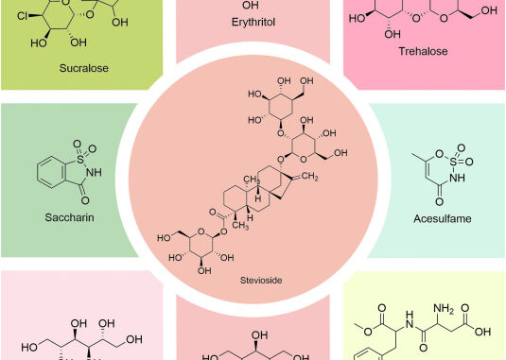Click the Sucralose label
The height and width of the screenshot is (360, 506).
[84, 68]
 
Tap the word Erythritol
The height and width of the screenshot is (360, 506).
[253, 23]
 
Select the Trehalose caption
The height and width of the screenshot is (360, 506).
[423, 51]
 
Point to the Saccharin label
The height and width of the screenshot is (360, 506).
[69, 217]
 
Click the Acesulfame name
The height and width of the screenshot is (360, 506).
[443, 218]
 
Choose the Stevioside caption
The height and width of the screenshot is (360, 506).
[261, 280]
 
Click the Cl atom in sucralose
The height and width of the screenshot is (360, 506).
[23, 15]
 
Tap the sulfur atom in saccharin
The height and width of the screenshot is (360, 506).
[80, 159]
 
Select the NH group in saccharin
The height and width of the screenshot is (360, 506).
[94, 172]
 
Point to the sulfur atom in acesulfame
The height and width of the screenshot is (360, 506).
[453, 162]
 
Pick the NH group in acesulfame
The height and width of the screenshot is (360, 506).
[457, 178]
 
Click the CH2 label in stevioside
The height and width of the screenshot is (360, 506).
[309, 176]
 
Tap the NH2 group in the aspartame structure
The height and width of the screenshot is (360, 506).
[444, 308]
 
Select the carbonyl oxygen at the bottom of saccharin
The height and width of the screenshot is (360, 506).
[85, 200]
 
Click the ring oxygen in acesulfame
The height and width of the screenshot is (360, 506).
[439, 153]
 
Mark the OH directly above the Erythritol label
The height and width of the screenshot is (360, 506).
[250, 5]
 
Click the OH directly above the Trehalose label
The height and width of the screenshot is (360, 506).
[393, 34]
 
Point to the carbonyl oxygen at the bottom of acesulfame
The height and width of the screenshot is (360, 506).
[439, 202]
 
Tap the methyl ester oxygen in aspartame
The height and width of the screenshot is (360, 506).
[368, 331]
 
